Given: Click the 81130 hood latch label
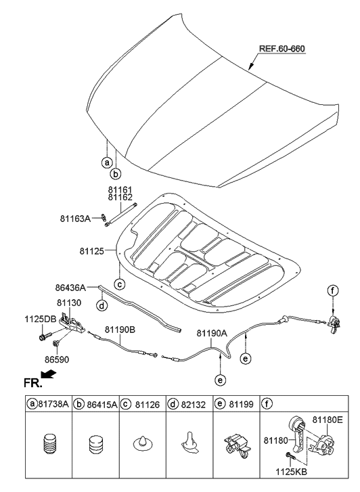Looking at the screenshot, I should (69, 303).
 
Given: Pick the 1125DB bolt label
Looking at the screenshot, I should (22, 318).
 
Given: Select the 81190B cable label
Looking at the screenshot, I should (120, 330).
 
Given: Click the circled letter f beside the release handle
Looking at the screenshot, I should (332, 290).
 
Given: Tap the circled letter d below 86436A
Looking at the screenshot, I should (102, 305).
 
